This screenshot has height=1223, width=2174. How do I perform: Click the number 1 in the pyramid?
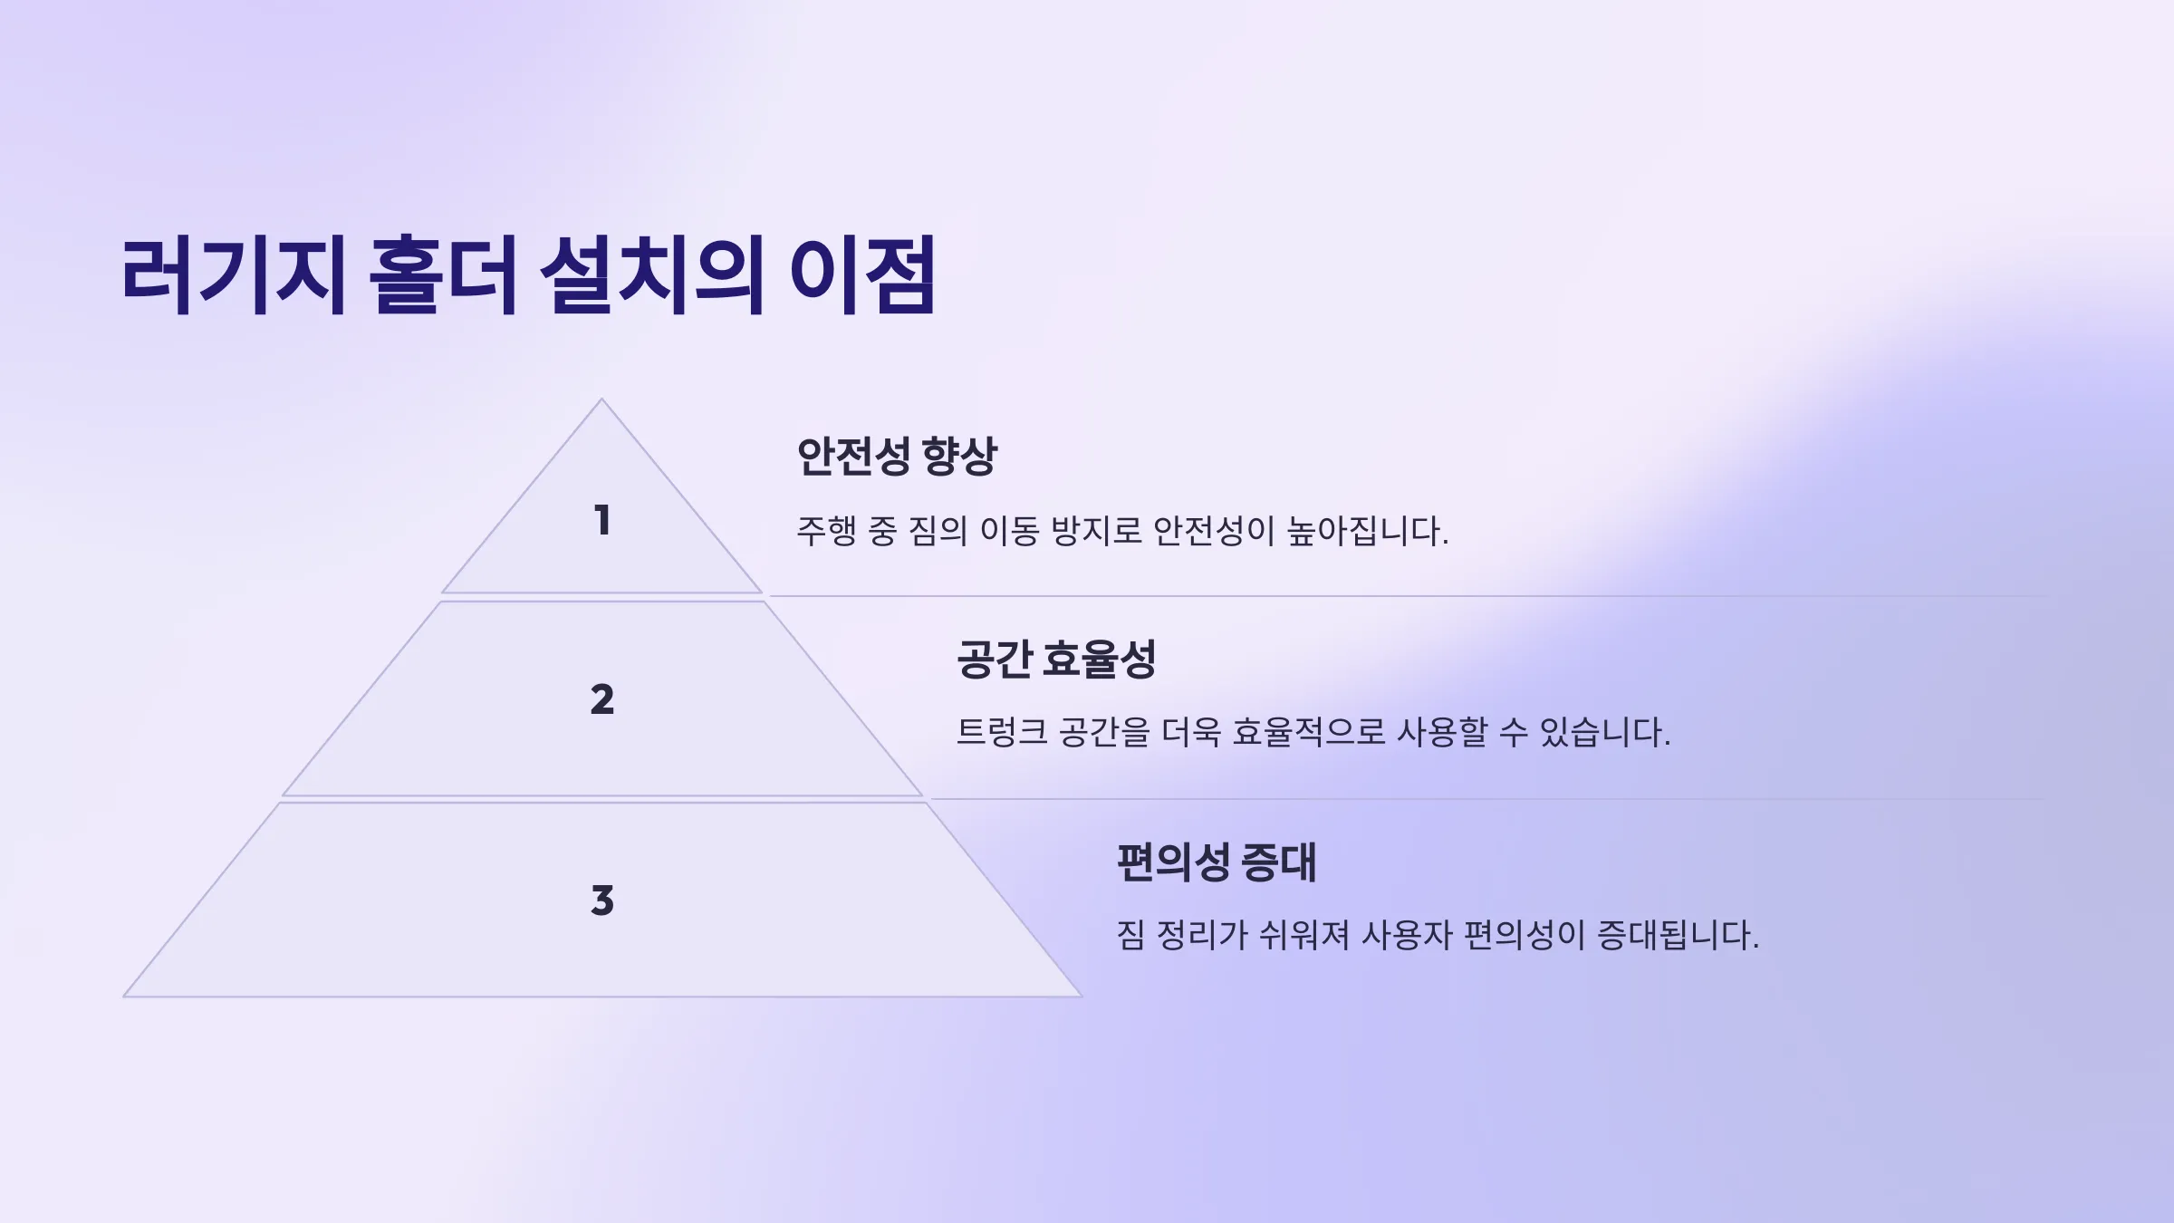click(x=602, y=520)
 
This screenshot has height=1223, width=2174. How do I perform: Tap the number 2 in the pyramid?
click(x=602, y=699)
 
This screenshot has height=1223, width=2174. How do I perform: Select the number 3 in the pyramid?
click(x=602, y=900)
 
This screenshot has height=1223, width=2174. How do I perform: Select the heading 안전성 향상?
click(x=897, y=455)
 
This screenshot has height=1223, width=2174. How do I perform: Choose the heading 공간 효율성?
click(x=1056, y=658)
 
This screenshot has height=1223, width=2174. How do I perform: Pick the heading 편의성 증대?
click(x=1217, y=862)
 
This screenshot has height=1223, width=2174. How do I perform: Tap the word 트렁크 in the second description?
click(x=1002, y=732)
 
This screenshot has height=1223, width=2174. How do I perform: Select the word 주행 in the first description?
click(x=826, y=531)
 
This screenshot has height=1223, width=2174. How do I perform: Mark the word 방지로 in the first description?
click(x=1097, y=531)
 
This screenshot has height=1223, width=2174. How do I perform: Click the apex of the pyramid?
click(x=601, y=400)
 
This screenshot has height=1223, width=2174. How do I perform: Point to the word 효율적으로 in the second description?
click(x=1309, y=732)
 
